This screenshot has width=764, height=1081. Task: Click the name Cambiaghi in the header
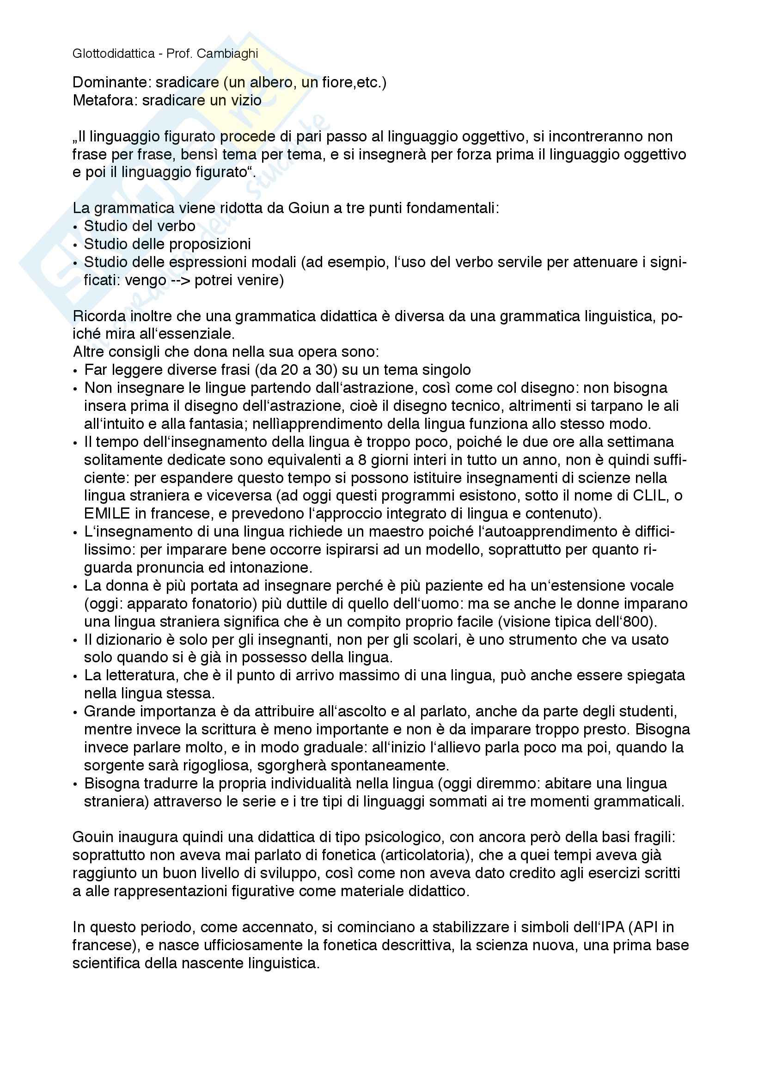(x=227, y=54)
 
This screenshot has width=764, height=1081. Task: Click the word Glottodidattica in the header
(x=113, y=54)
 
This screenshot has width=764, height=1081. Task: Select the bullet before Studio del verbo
(x=75, y=227)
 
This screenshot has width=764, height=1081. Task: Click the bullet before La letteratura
(x=75, y=677)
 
